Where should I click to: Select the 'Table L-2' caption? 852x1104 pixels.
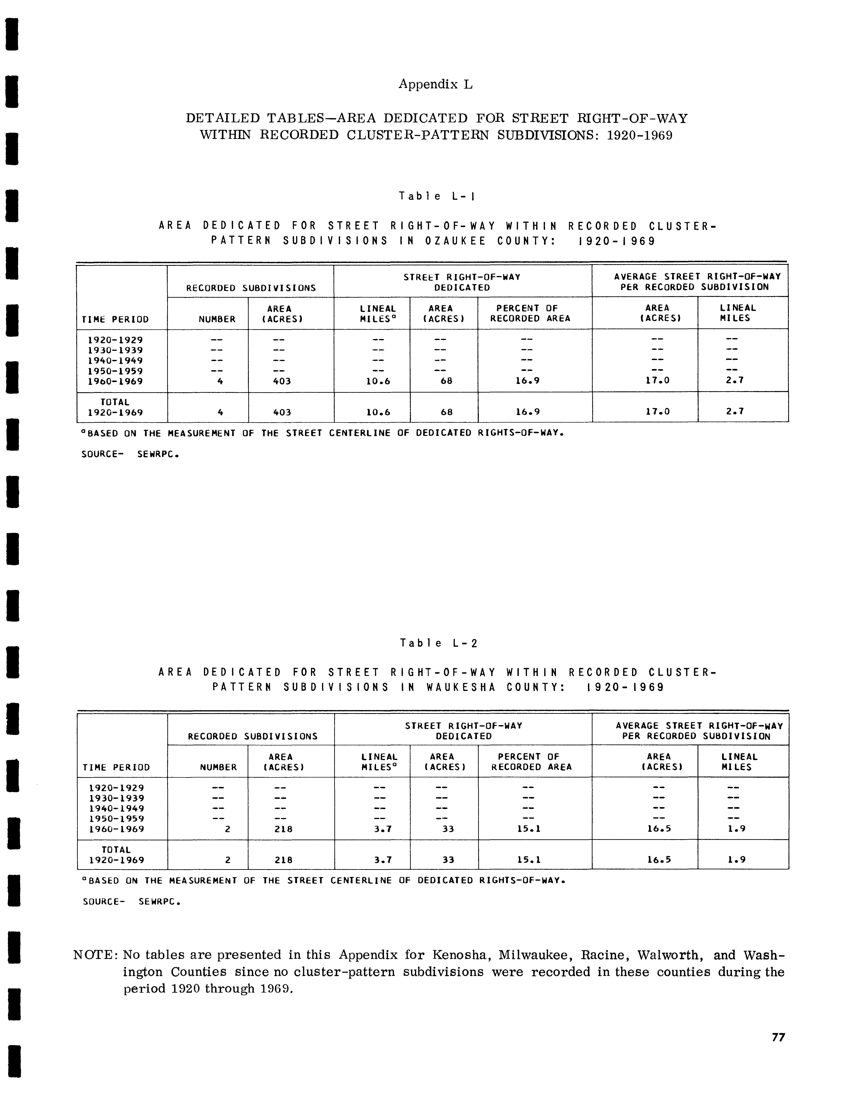coord(438,643)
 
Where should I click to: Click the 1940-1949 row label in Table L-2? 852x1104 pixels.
coord(116,808)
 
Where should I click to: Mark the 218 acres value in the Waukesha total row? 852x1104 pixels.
coord(283,860)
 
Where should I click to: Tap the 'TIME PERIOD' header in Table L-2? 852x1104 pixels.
coord(116,767)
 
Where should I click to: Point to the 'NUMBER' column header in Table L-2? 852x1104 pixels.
coord(218,767)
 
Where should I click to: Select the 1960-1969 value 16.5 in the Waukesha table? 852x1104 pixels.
coord(658,829)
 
